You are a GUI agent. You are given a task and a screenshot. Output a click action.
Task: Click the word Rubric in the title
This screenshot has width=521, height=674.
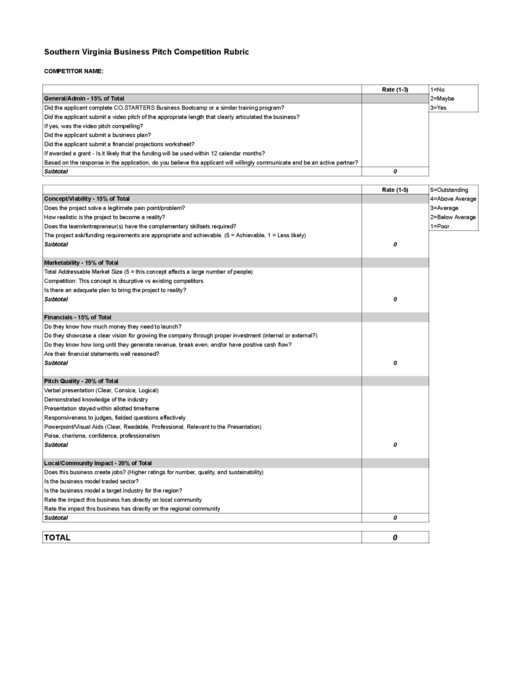click(236, 52)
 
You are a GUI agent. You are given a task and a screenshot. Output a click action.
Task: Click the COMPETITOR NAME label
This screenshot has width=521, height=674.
click(74, 71)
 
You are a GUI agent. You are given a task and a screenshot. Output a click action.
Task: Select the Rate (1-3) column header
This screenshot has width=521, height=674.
click(395, 90)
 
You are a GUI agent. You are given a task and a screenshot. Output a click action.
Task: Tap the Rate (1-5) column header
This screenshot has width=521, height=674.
click(395, 190)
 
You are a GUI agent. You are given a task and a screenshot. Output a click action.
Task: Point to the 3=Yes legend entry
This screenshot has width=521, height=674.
click(438, 108)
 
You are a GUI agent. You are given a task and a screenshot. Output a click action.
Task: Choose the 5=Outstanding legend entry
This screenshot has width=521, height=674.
click(449, 190)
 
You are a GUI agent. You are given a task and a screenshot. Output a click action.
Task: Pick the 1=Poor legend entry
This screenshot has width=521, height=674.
click(440, 226)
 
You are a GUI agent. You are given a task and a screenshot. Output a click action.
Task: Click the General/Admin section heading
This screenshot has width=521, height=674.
click(84, 98)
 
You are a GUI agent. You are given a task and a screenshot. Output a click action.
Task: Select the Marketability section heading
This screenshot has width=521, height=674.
click(81, 263)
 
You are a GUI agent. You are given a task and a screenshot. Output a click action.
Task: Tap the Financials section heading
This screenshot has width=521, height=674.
click(77, 317)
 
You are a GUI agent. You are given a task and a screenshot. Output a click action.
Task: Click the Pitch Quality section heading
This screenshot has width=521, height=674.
click(81, 381)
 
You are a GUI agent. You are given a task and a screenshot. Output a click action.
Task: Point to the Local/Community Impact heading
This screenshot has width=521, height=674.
click(98, 463)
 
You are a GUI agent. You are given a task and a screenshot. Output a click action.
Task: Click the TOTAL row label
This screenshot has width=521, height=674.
click(57, 537)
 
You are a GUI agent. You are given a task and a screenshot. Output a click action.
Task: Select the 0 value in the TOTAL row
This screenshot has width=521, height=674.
click(395, 538)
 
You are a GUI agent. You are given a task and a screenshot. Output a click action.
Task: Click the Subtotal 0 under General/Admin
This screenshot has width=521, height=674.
click(395, 171)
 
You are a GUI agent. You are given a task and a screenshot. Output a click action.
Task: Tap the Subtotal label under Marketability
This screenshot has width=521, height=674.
click(56, 299)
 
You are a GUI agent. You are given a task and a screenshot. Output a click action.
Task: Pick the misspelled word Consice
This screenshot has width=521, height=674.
click(125, 390)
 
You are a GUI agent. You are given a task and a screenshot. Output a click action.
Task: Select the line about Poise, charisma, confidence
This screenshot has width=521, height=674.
click(102, 435)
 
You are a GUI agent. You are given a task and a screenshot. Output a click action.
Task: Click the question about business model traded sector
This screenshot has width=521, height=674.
click(91, 481)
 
